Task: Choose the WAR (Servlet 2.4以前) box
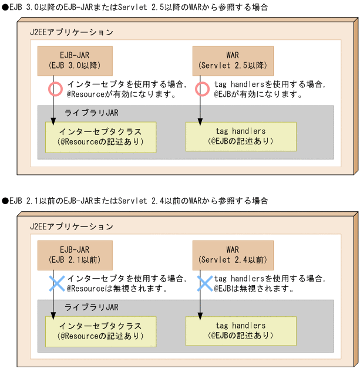(x=233, y=254)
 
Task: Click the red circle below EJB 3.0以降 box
(x=55, y=89)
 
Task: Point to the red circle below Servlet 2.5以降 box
(x=202, y=89)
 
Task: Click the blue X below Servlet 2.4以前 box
(x=203, y=284)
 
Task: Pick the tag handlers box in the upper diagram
(x=241, y=136)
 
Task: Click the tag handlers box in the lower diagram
(x=241, y=331)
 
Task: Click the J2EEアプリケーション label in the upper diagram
(x=72, y=32)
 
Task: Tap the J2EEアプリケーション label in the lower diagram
(x=72, y=226)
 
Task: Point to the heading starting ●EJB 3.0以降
(x=135, y=7)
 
